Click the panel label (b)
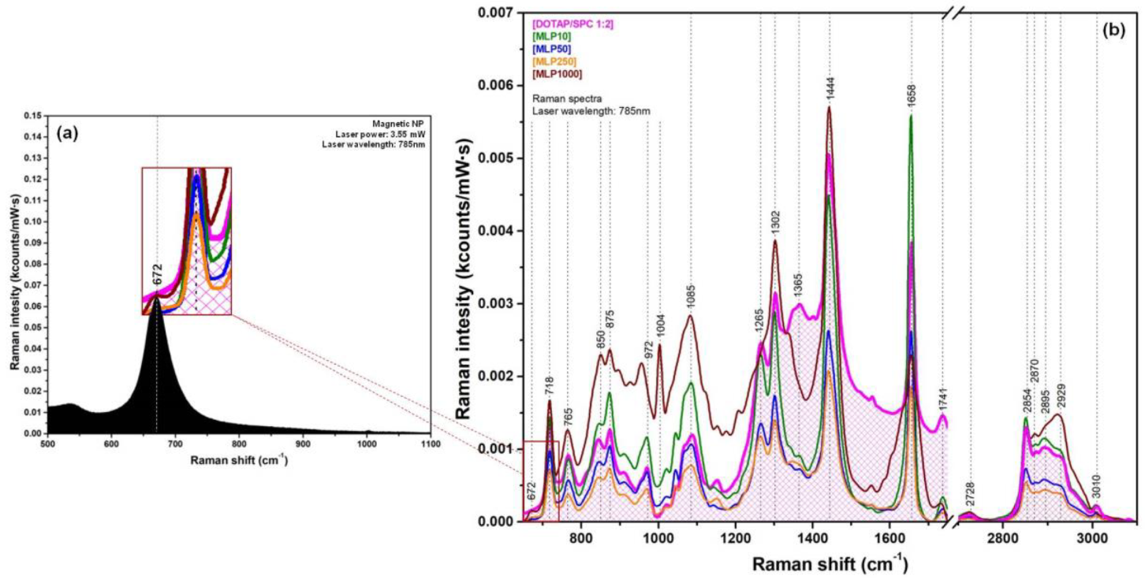[x=1113, y=31]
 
